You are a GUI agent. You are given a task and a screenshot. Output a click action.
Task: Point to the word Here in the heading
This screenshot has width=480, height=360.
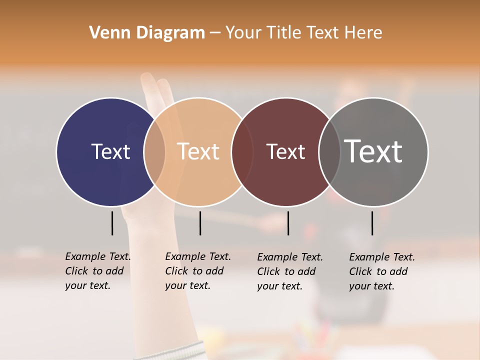[x=364, y=32]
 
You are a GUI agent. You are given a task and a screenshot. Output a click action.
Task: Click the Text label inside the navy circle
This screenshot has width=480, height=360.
[x=110, y=151]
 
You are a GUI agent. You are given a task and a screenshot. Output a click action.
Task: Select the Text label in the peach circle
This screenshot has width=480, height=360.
[x=198, y=151]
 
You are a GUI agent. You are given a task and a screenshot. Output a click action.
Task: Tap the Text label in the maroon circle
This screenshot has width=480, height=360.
[x=286, y=151]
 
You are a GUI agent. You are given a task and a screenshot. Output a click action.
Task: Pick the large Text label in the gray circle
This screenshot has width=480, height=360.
[x=373, y=151]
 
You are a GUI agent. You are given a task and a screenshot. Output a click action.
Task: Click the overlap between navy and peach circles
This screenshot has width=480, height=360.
[x=154, y=151]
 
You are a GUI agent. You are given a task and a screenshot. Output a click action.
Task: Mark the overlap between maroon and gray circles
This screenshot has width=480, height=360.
[x=329, y=151]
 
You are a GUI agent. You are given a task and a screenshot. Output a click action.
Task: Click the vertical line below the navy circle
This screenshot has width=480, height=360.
[x=112, y=223]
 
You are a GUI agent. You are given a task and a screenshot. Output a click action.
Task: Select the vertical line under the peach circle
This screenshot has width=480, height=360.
[x=200, y=223]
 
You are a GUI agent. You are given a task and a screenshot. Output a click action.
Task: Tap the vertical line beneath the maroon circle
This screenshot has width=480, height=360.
[x=288, y=223]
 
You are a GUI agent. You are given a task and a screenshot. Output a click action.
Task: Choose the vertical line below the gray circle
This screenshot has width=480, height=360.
[x=372, y=223]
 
